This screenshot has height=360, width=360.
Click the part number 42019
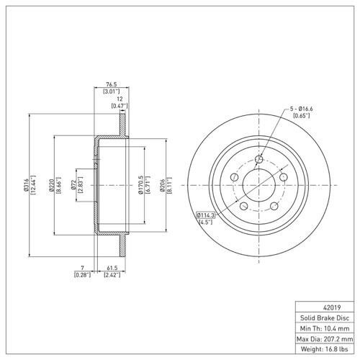click(332, 307)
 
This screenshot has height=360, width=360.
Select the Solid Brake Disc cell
click(325, 318)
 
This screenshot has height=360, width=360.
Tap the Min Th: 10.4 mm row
click(325, 328)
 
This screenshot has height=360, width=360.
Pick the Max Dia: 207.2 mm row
click(325, 339)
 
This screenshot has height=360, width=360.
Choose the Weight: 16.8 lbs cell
click(325, 349)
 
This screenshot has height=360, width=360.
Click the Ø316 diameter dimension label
click(26, 185)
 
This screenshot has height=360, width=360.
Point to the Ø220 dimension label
click(51, 185)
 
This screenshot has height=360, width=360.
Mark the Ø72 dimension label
click(73, 185)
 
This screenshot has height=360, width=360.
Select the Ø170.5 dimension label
click(141, 185)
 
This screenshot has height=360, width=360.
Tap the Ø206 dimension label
click(163, 185)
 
